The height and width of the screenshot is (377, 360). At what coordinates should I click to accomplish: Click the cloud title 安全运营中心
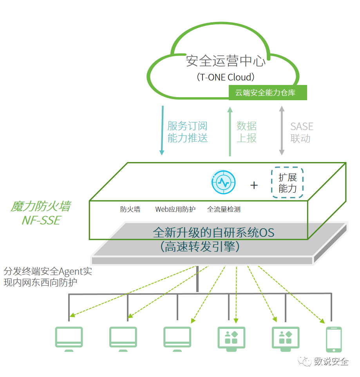pyautogui.click(x=226, y=61)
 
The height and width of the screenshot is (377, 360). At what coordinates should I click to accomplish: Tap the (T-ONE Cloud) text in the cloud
pyautogui.click(x=226, y=77)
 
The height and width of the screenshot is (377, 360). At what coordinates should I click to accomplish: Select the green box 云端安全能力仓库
pyautogui.click(x=268, y=92)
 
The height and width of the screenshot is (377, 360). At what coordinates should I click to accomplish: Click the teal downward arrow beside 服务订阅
pyautogui.click(x=162, y=130)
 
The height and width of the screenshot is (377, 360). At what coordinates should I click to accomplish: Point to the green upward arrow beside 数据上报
pyautogui.click(x=230, y=132)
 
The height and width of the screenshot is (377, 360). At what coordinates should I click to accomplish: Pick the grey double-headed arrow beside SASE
pyautogui.click(x=282, y=130)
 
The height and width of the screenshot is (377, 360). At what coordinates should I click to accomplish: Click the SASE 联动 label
pyautogui.click(x=302, y=132)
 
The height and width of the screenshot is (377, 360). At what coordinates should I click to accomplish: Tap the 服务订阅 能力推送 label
pyautogui.click(x=188, y=132)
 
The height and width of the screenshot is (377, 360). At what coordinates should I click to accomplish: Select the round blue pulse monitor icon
pyautogui.click(x=223, y=182)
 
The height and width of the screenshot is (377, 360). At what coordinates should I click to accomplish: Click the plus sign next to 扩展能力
pyautogui.click(x=254, y=186)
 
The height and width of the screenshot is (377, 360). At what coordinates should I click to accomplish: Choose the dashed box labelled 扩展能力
pyautogui.click(x=287, y=182)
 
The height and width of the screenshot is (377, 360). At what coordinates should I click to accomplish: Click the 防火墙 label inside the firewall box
pyautogui.click(x=130, y=209)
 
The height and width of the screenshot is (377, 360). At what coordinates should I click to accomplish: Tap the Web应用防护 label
pyautogui.click(x=175, y=209)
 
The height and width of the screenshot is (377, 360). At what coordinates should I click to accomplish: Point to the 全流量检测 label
pyautogui.click(x=224, y=209)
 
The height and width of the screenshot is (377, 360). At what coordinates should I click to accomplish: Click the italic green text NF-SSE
pyautogui.click(x=42, y=220)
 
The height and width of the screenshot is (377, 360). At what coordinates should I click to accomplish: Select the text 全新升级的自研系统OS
pyautogui.click(x=213, y=233)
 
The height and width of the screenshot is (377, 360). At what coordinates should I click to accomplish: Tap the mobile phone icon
pyautogui.click(x=334, y=339)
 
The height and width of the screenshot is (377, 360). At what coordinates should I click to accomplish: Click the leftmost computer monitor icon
pyautogui.click(x=69, y=339)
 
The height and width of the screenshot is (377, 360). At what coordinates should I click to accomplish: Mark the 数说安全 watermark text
pyautogui.click(x=331, y=361)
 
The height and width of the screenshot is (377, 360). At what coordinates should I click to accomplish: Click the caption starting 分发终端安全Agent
pyautogui.click(x=48, y=277)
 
